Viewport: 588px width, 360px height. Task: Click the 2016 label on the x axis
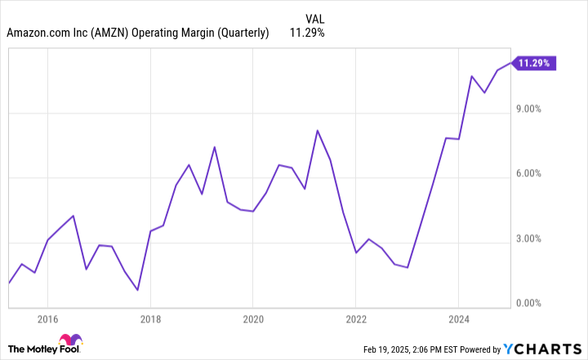(x=47, y=318)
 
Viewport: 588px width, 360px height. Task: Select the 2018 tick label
(x=150, y=318)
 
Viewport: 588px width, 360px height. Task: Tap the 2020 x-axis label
(x=253, y=318)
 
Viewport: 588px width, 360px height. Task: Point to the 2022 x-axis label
(x=356, y=318)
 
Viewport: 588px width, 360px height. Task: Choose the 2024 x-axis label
(x=459, y=318)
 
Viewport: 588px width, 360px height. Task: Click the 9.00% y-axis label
(x=534, y=109)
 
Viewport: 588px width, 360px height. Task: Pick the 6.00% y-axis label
(x=534, y=174)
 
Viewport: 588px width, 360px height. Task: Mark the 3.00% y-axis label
(x=534, y=239)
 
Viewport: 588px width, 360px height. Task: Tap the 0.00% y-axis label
(x=534, y=304)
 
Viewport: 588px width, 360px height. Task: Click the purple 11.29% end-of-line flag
(x=535, y=62)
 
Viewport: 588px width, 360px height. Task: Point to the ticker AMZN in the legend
(x=118, y=33)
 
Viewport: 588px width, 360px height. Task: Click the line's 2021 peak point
(x=318, y=131)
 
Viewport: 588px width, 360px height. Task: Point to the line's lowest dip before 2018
(x=137, y=290)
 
